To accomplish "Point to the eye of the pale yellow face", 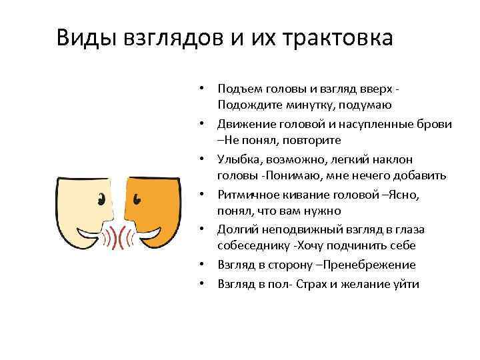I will click(102, 198).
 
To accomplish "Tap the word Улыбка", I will click(238, 159).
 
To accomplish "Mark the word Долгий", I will click(236, 229).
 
